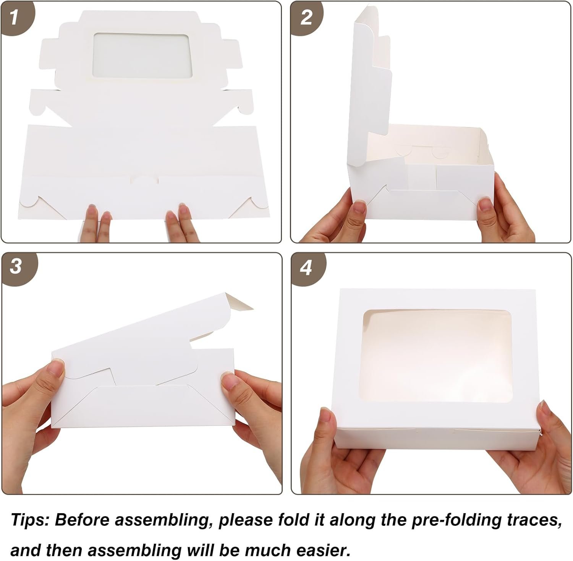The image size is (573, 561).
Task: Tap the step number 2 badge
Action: [x=306, y=17]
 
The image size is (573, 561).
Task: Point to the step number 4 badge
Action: [x=306, y=268]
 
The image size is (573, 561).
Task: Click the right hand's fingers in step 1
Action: [x=182, y=221]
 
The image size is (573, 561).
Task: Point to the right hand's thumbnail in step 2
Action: [x=486, y=204]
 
